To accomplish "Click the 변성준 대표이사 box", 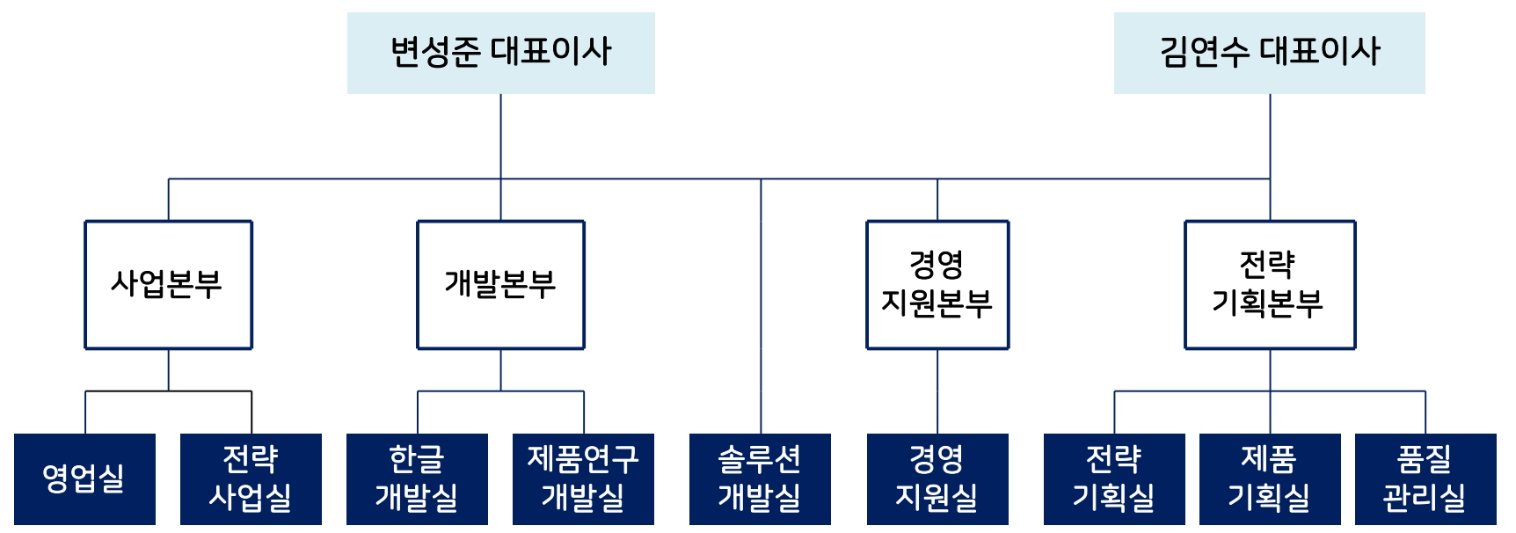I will tap(500, 53).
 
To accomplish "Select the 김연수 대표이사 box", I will tap(1269, 53).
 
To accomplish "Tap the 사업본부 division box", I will tap(168, 284).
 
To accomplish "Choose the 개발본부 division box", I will tap(500, 284).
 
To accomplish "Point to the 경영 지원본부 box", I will tap(937, 284).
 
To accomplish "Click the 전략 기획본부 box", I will tap(1269, 284).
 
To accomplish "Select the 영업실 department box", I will tap(84, 478).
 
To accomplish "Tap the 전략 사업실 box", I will tap(251, 478).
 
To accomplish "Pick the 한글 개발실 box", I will tap(417, 478).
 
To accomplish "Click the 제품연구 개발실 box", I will tap(583, 478).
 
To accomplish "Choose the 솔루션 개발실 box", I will tap(760, 478).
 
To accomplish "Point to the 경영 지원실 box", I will tap(937, 478).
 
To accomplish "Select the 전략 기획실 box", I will tap(1114, 478).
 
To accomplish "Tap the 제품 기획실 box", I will tap(1270, 478).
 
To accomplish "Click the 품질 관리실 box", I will tap(1425, 478).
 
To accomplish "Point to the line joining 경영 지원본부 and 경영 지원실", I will tap(937, 391).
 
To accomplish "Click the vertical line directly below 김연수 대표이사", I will tap(1270, 136).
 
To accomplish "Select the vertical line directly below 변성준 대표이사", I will tap(501, 136).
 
